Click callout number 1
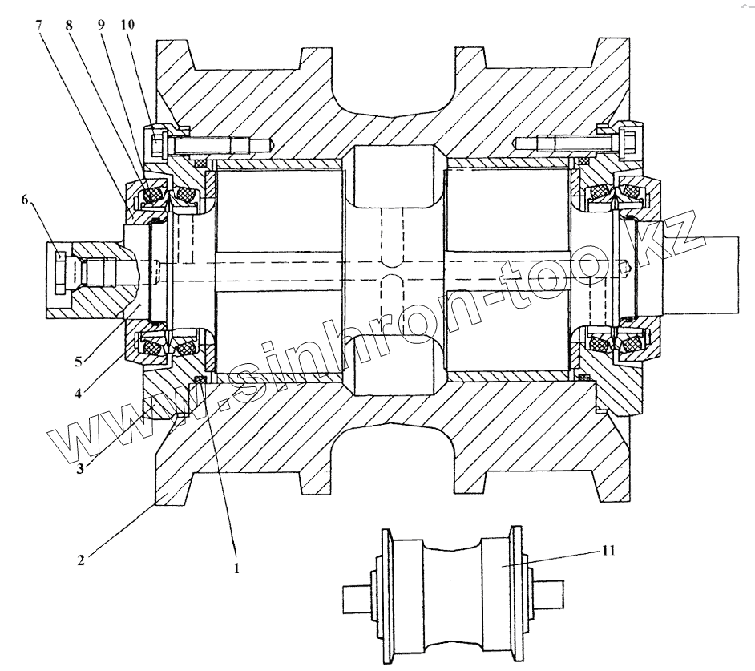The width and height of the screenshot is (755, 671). tap(236, 568)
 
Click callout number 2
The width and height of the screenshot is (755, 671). tap(82, 559)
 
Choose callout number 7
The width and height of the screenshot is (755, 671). tap(38, 25)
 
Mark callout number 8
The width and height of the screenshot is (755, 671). tap(70, 25)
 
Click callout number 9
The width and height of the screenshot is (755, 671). tap(101, 25)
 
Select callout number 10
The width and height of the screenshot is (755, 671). tap(129, 25)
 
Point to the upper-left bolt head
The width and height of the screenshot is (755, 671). tap(157, 144)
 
